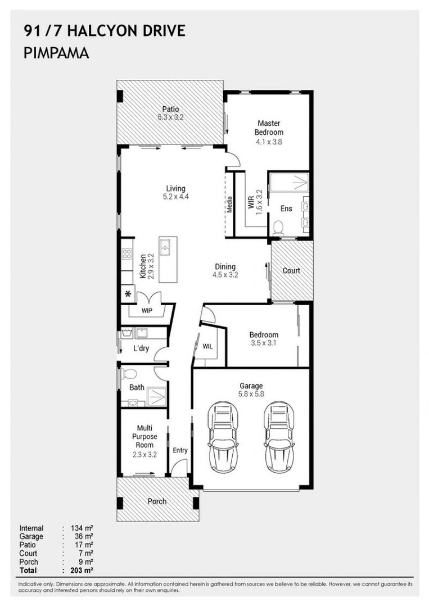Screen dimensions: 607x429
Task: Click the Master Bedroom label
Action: pos(269,128)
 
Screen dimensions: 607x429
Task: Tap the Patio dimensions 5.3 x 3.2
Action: pos(170,118)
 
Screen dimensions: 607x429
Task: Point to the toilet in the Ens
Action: pos(277,228)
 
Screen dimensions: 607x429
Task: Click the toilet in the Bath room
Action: pos(130,374)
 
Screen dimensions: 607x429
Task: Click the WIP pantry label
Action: pos(147,310)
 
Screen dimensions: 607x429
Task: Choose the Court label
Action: pos(291,270)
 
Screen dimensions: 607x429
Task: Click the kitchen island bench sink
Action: pos(167,245)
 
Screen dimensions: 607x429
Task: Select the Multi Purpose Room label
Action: pos(144,437)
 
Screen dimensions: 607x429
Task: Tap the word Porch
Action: pos(157,501)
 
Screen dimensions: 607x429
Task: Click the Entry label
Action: pos(180,450)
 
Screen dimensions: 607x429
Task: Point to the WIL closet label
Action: pos(207,346)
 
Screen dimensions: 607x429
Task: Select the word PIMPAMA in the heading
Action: pos(56,53)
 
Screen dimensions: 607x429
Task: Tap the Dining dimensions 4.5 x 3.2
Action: pos(225,275)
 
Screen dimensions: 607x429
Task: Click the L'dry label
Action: pos(141,348)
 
